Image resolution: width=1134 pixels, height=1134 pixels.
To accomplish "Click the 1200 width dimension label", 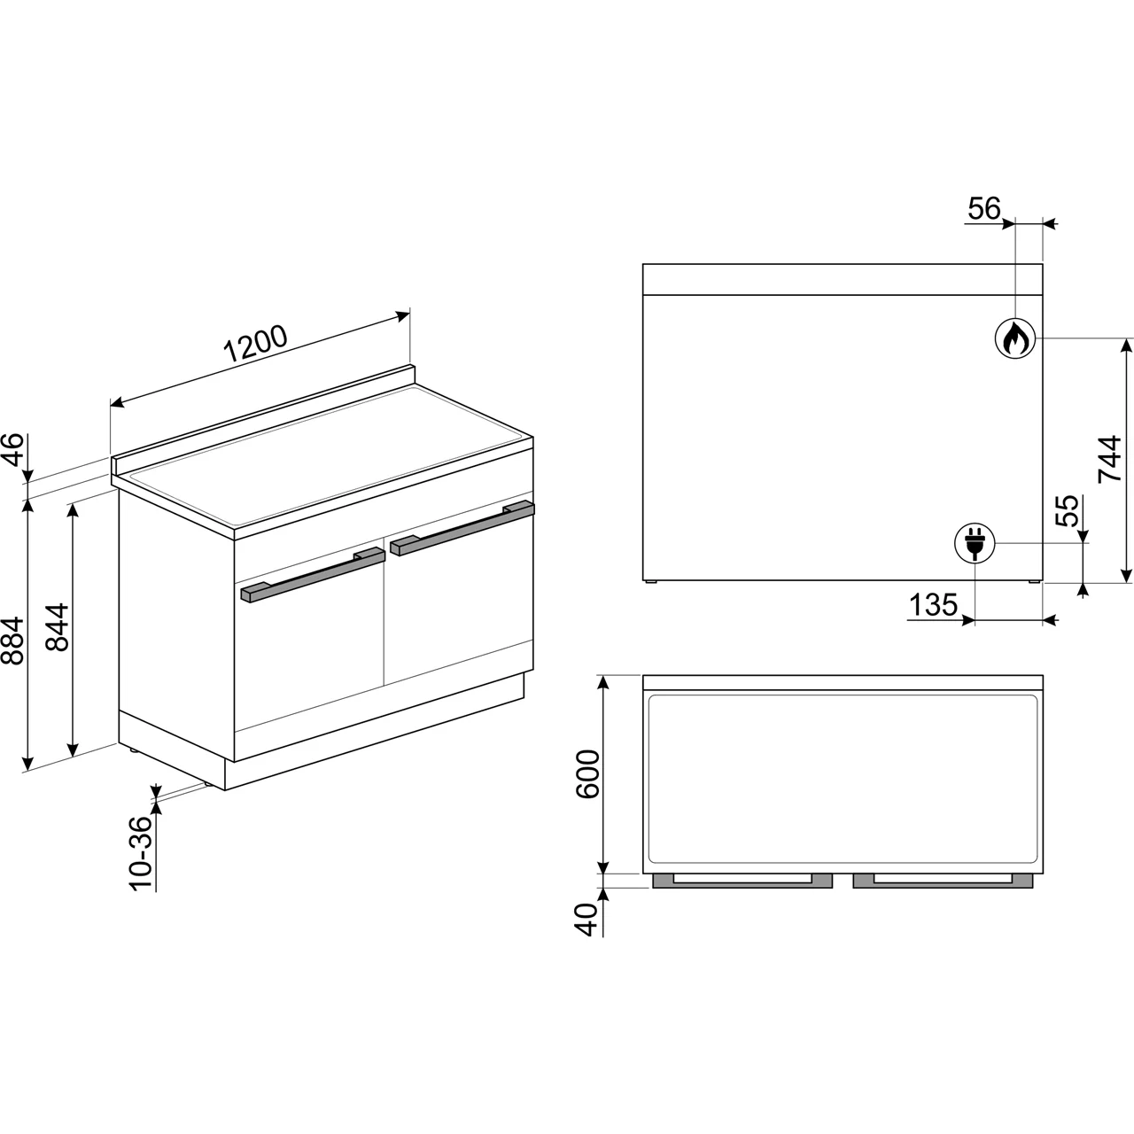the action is click(x=255, y=343).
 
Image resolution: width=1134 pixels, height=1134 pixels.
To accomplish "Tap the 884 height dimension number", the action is click(x=12, y=641).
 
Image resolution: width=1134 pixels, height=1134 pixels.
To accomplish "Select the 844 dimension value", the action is click(x=57, y=627).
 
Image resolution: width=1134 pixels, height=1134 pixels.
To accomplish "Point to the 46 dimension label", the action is click(x=12, y=449).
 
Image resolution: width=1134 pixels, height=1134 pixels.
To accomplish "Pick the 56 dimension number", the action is click(x=984, y=208).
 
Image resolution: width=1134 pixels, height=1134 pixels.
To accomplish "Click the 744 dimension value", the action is click(x=1110, y=460).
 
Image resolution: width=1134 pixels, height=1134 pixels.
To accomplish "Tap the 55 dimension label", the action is click(x=1068, y=511).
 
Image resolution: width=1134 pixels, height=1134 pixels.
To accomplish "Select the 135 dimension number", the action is click(x=933, y=604).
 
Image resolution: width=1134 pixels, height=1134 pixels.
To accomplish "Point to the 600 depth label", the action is click(x=587, y=773).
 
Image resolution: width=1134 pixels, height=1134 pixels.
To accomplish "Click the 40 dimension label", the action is click(x=586, y=920).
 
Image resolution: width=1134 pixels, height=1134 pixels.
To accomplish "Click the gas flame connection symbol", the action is click(x=1015, y=338).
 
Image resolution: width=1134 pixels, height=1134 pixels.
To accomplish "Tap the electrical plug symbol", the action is click(x=975, y=543).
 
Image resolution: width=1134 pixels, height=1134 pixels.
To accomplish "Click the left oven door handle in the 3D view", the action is click(x=313, y=575).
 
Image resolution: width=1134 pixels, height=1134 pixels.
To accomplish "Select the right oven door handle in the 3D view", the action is click(x=462, y=527).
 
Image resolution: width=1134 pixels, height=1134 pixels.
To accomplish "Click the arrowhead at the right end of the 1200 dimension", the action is click(x=403, y=315).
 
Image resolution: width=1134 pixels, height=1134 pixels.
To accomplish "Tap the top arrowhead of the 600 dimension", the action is click(x=603, y=683).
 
